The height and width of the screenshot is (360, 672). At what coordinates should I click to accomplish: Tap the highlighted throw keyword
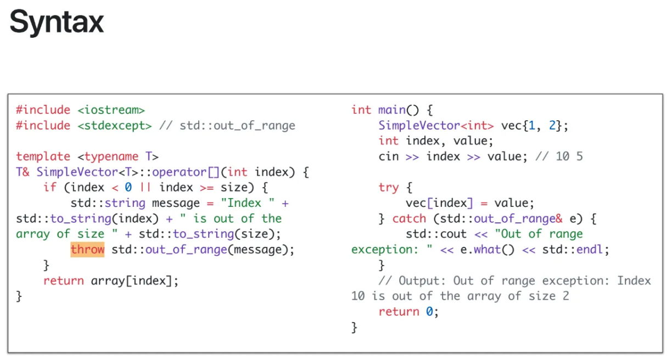click(x=87, y=250)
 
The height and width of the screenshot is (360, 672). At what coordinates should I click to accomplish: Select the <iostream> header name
click(x=111, y=110)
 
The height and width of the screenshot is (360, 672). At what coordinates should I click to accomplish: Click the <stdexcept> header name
click(x=115, y=126)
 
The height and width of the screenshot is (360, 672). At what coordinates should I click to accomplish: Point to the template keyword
click(x=43, y=156)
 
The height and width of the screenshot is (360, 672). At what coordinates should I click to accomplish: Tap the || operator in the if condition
click(x=145, y=188)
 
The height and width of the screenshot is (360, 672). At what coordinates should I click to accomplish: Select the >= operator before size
click(x=206, y=188)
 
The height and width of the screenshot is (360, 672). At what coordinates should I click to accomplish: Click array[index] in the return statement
click(x=135, y=281)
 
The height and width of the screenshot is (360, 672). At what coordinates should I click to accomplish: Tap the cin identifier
click(x=389, y=156)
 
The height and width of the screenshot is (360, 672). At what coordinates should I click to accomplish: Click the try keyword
click(x=389, y=188)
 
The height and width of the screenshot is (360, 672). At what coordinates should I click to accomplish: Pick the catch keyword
click(x=409, y=219)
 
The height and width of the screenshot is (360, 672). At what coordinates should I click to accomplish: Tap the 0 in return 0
click(x=430, y=312)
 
